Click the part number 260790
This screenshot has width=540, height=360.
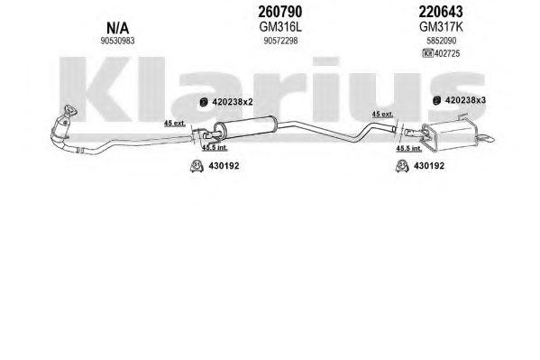click(280, 12)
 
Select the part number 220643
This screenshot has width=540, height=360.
click(441, 12)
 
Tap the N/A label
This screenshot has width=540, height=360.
click(118, 28)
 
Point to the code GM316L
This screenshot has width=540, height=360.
click(280, 27)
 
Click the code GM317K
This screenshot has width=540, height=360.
click(441, 27)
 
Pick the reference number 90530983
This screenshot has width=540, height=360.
click(117, 41)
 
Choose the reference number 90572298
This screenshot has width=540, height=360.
click(280, 41)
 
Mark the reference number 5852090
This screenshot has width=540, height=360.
click(441, 41)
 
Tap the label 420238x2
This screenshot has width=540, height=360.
click(233, 102)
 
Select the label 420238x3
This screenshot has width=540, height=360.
click(465, 100)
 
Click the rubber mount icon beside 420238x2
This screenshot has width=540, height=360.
click(204, 103)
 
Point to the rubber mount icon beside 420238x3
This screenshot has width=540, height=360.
click(436, 100)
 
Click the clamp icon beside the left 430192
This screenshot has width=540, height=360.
click(197, 166)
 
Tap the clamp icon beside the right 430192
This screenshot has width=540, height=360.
click(402, 166)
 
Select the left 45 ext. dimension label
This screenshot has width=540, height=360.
click(175, 123)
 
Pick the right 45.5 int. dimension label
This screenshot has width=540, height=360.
click(408, 148)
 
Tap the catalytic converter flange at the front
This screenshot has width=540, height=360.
click(71, 110)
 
